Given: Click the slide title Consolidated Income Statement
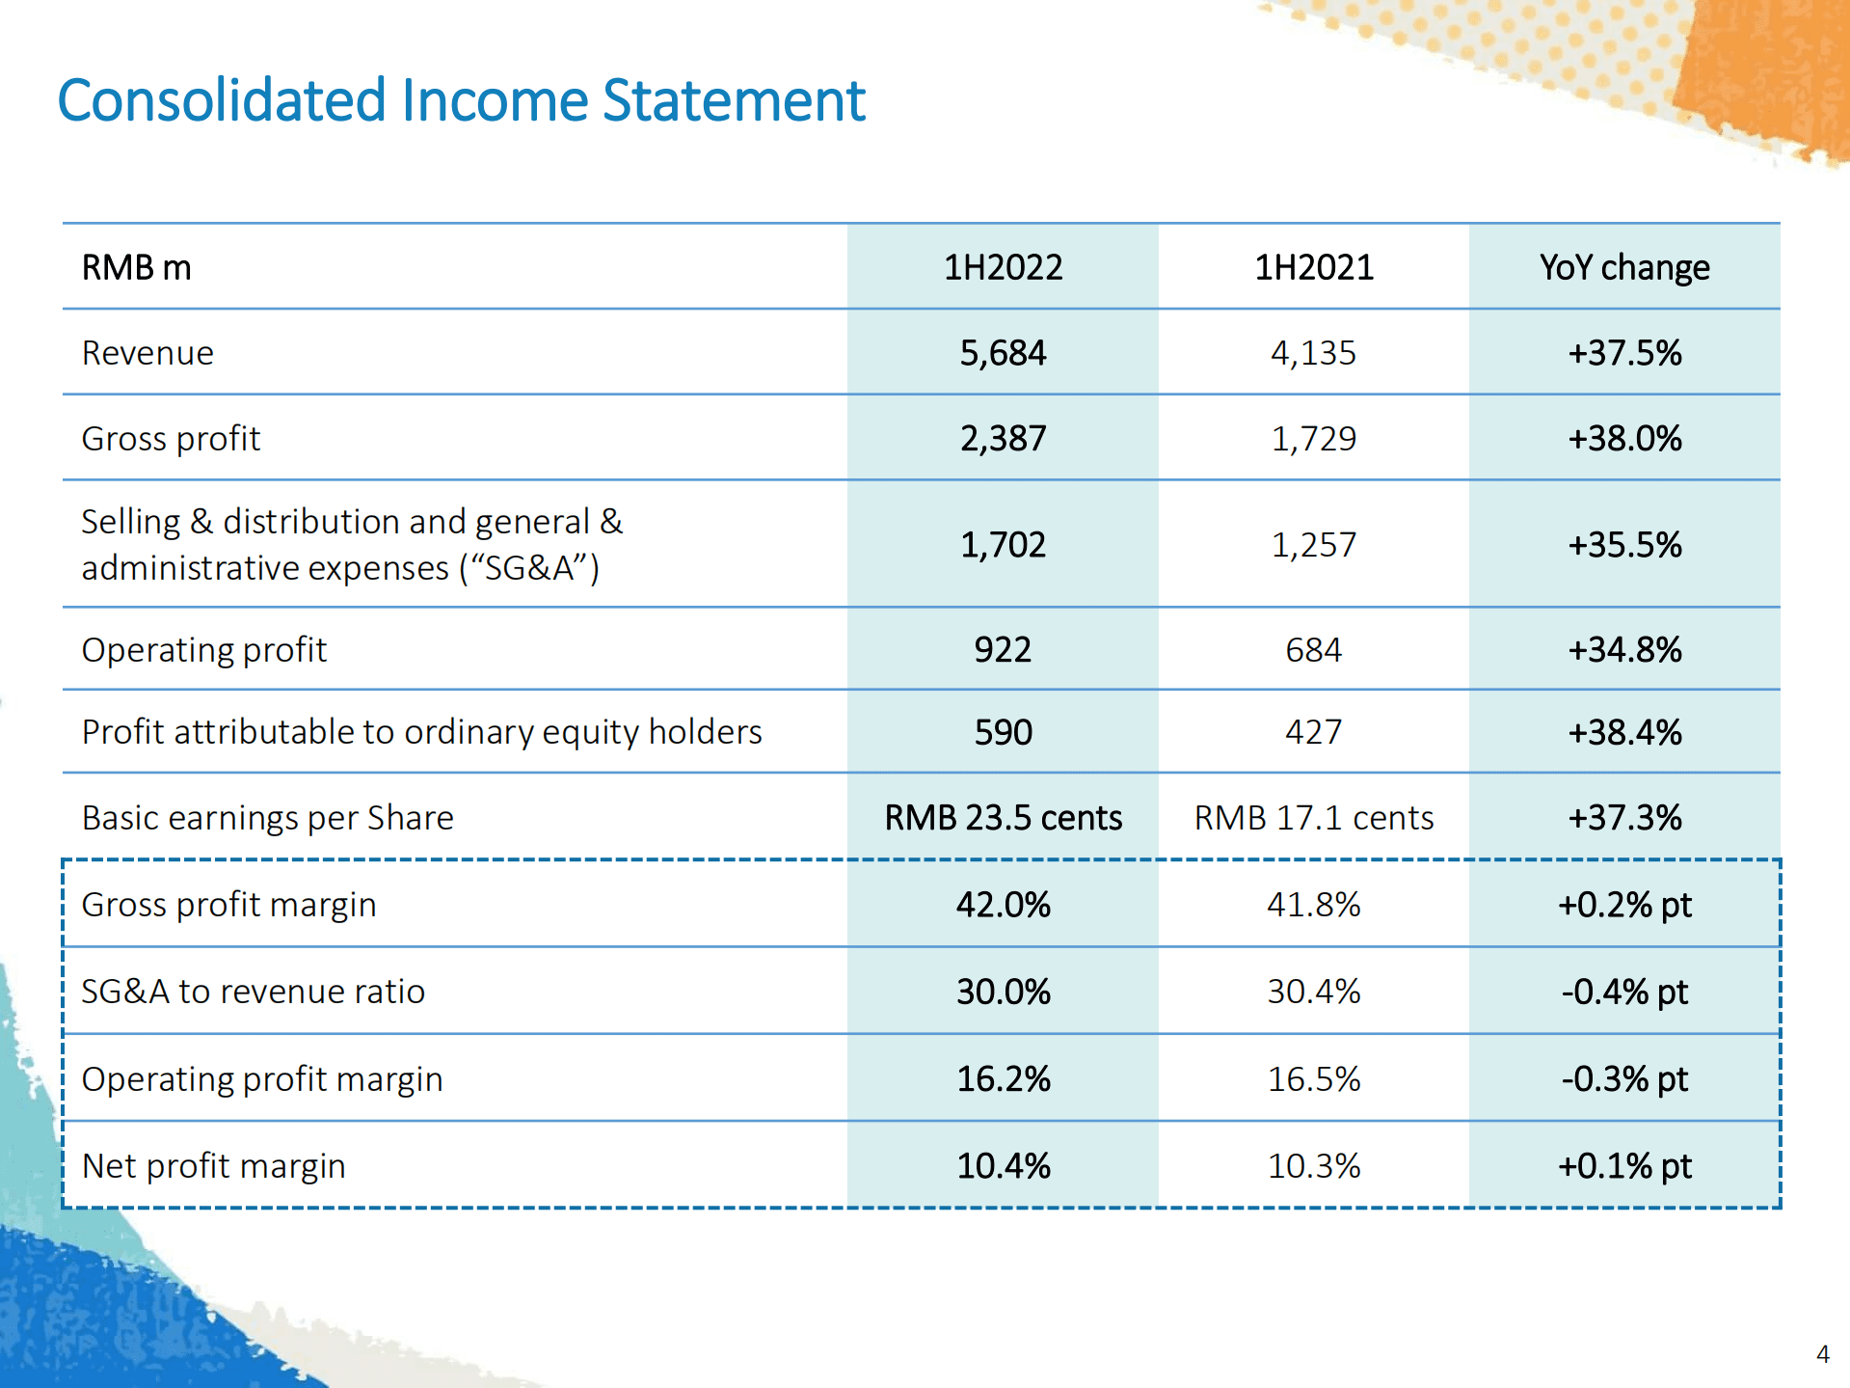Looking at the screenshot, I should pos(461,100).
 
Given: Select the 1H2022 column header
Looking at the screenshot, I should pos(1003,267).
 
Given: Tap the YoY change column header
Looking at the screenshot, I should pos(1624,267).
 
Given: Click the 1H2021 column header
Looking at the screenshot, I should pos(1313,267).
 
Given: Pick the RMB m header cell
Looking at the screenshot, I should pos(136,267).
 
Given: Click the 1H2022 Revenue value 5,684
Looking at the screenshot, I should pos(1003,353).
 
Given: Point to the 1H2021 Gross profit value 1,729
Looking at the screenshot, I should pos(1313,439).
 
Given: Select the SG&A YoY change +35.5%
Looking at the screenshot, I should pos(1624,545).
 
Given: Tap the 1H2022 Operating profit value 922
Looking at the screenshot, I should pos(1003,650).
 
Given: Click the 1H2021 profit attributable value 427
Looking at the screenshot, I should pos(1313,732).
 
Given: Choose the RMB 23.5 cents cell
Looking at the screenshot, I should pos(1003,818).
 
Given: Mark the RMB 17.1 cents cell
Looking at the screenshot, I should pos(1313,818).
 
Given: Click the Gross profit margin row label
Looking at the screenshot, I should pos(228,905).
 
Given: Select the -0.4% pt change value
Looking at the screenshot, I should pos(1624,992).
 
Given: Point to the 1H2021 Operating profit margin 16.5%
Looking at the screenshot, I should pos(1313,1078).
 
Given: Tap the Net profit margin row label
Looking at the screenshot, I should pos(213,1166).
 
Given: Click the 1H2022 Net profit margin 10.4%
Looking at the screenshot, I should pos(1003,1166).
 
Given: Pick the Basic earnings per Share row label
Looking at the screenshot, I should pos(267,818).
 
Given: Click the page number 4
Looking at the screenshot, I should pos(1822,1354).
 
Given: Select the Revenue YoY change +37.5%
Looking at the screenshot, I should pos(1624,353).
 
